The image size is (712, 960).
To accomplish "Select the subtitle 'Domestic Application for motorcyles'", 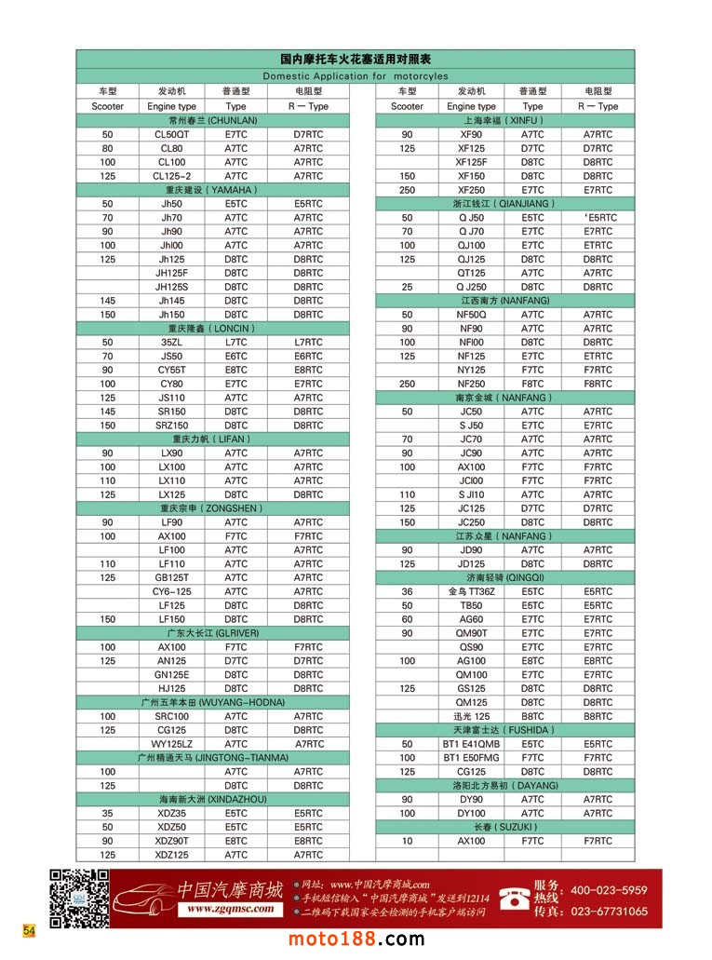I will pyautogui.click(x=355, y=76).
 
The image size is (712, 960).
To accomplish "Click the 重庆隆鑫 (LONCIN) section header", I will pyautogui.click(x=212, y=329).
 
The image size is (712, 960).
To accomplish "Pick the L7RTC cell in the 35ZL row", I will pyautogui.click(x=308, y=343).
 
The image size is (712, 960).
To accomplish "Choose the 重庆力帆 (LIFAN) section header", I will pyautogui.click(x=212, y=439).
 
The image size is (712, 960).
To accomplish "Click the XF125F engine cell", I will pyautogui.click(x=471, y=162).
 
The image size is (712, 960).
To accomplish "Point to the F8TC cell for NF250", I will pyautogui.click(x=532, y=384).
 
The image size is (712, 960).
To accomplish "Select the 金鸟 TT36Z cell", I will pyautogui.click(x=471, y=591).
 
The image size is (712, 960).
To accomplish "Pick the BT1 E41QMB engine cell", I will pyautogui.click(x=471, y=744).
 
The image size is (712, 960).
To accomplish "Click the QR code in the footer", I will pyautogui.click(x=78, y=899).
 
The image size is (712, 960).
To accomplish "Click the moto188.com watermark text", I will pyautogui.click(x=356, y=940).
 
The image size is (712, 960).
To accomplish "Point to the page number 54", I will pyautogui.click(x=29, y=930).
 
